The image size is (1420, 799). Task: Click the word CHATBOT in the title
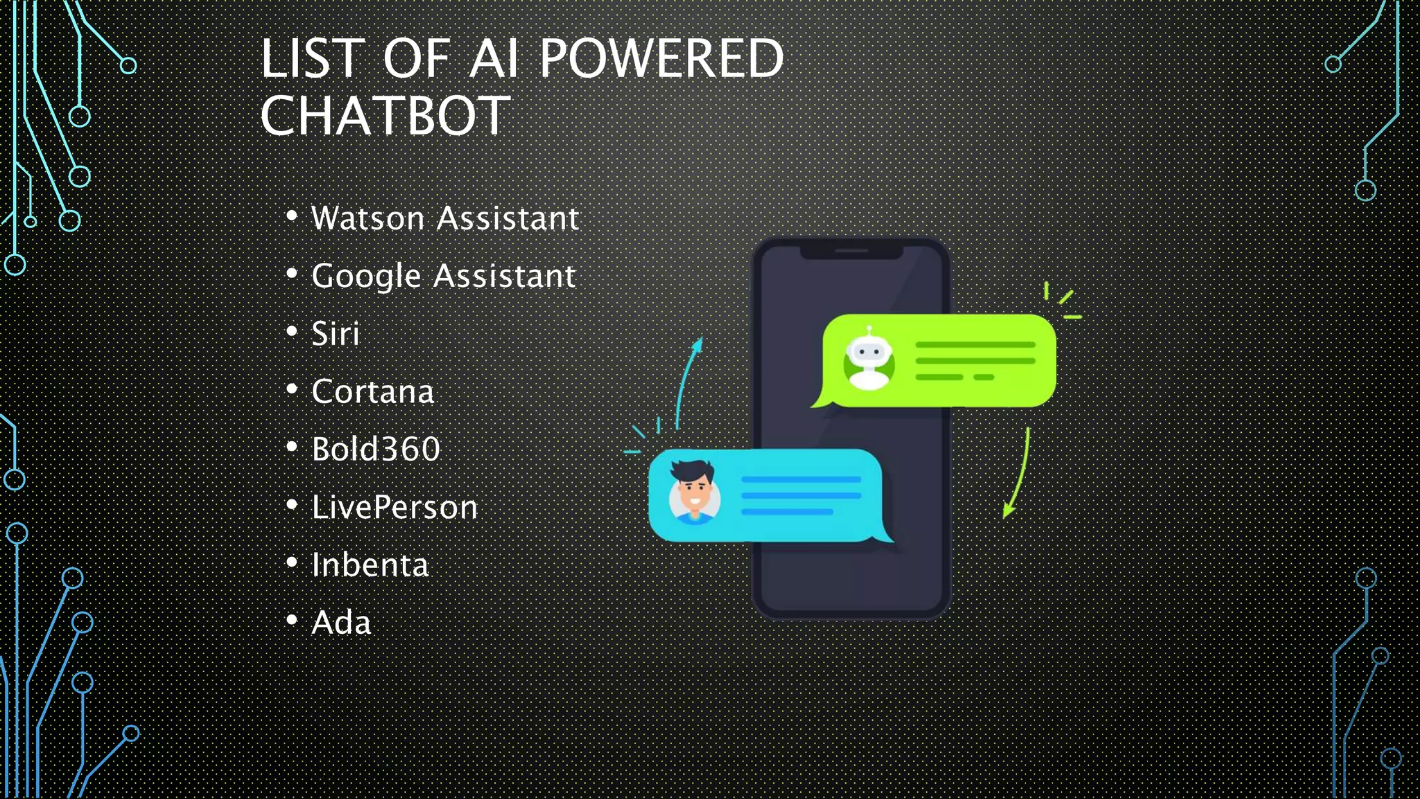point(386,116)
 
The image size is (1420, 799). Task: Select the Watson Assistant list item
point(444,218)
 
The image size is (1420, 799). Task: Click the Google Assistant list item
point(443,276)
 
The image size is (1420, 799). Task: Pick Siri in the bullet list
point(336,334)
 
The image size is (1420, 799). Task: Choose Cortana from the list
point(372,392)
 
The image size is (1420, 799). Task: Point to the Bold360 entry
point(376,449)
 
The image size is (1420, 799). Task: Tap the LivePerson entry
point(395,507)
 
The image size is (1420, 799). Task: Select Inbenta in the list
point(370,565)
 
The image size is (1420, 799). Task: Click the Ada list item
point(341,623)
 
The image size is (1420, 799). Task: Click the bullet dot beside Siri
point(292,332)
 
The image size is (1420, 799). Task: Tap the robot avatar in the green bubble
point(869,360)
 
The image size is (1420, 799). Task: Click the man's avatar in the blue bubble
point(693,495)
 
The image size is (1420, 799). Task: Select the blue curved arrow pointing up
point(686,381)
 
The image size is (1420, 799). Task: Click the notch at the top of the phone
point(851,251)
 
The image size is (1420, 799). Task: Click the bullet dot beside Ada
point(292,620)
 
